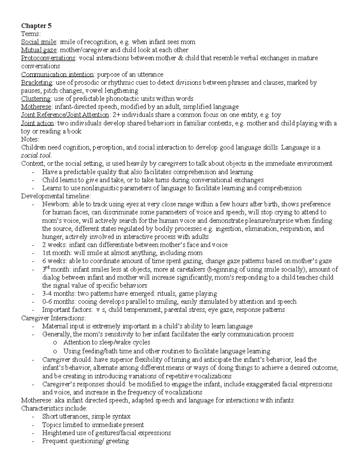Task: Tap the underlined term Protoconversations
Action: coord(48,58)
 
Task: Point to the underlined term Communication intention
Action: coord(57,74)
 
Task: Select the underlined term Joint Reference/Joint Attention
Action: coord(65,115)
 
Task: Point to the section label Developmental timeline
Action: coord(55,196)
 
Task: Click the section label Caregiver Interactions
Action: coord(53,318)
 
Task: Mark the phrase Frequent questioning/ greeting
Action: coord(85,441)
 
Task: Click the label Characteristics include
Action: coord(54,408)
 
